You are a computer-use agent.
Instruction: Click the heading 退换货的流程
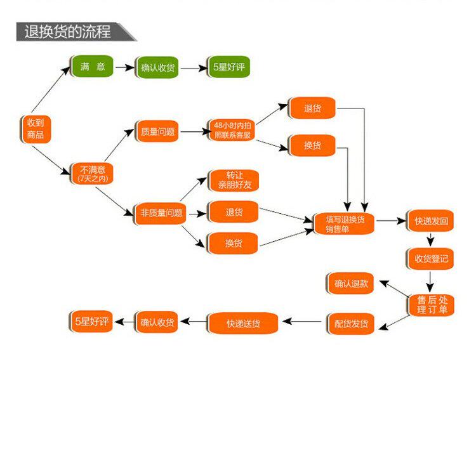point(67,31)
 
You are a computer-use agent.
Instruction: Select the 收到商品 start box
point(34,129)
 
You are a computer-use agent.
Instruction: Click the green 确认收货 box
point(157,68)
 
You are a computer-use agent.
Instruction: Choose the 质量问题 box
point(157,132)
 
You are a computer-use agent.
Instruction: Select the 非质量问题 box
point(161,213)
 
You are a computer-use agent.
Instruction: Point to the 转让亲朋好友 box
point(234,181)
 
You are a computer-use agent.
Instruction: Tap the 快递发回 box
point(431,221)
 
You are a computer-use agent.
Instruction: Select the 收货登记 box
point(431,258)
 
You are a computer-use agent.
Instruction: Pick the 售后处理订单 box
point(431,304)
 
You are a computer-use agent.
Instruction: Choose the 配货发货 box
point(351,324)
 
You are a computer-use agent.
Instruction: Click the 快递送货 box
point(243,324)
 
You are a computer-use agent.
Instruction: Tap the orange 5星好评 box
point(91,322)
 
